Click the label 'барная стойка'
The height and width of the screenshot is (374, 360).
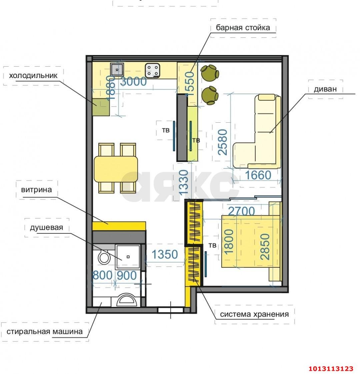pyautogui.click(x=243, y=27)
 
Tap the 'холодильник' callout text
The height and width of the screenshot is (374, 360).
pyautogui.click(x=33, y=76)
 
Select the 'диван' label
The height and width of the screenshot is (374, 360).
pyautogui.click(x=325, y=89)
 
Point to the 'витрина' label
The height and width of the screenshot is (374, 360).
pyautogui.click(x=36, y=190)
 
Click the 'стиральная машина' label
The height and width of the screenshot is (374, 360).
pyautogui.click(x=45, y=332)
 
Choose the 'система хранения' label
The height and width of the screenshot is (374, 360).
pyautogui.click(x=254, y=314)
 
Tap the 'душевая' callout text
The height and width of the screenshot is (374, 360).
pyautogui.click(x=46, y=228)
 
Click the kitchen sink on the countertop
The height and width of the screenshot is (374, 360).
pyautogui.click(x=117, y=69)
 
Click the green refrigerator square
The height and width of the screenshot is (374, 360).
pyautogui.click(x=101, y=107)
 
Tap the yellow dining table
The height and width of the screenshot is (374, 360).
pyautogui.click(x=116, y=169)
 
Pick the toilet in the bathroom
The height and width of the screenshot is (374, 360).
pyautogui.click(x=104, y=257)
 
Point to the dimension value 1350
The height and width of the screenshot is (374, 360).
pyautogui.click(x=165, y=255)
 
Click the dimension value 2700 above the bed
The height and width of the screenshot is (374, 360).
pyautogui.click(x=241, y=211)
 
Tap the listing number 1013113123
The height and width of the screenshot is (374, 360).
pyautogui.click(x=331, y=368)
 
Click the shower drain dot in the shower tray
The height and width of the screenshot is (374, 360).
pyautogui.click(x=128, y=257)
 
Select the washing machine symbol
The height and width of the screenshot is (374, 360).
pyautogui.click(x=126, y=300)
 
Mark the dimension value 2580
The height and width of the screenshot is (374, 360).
pyautogui.click(x=223, y=142)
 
